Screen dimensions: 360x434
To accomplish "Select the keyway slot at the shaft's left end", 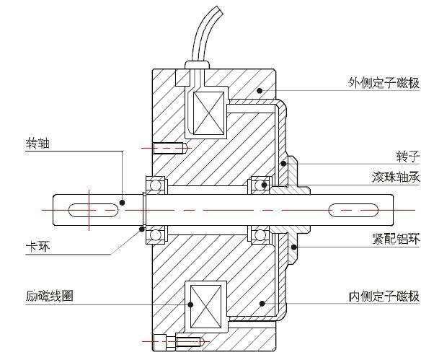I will coord(94,210).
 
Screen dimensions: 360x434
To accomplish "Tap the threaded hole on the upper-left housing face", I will coord(172,148).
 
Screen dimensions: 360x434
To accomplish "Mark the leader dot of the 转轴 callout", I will coord(122,203).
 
